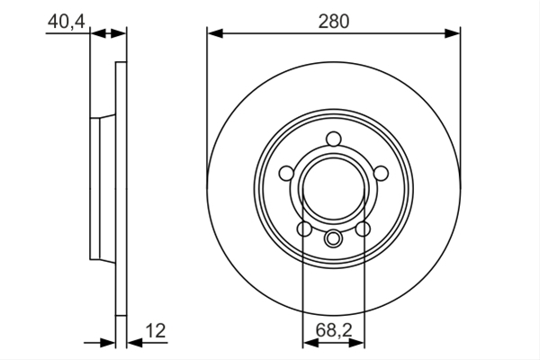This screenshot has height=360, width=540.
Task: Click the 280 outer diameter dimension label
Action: tap(333, 22)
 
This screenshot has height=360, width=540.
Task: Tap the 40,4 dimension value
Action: tap(67, 22)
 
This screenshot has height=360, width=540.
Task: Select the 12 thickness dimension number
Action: tap(156, 330)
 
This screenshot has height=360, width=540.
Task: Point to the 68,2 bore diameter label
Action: tap(334, 330)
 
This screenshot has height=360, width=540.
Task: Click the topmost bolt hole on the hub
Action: tap(333, 139)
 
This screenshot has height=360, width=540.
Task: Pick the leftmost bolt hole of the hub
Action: tap(286, 173)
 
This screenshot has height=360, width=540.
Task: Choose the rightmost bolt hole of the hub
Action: tap(381, 173)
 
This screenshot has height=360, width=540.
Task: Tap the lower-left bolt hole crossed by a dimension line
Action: tap(304, 229)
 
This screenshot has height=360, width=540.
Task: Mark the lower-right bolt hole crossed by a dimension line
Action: tap(363, 229)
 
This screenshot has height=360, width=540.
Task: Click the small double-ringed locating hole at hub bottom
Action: tap(333, 238)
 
